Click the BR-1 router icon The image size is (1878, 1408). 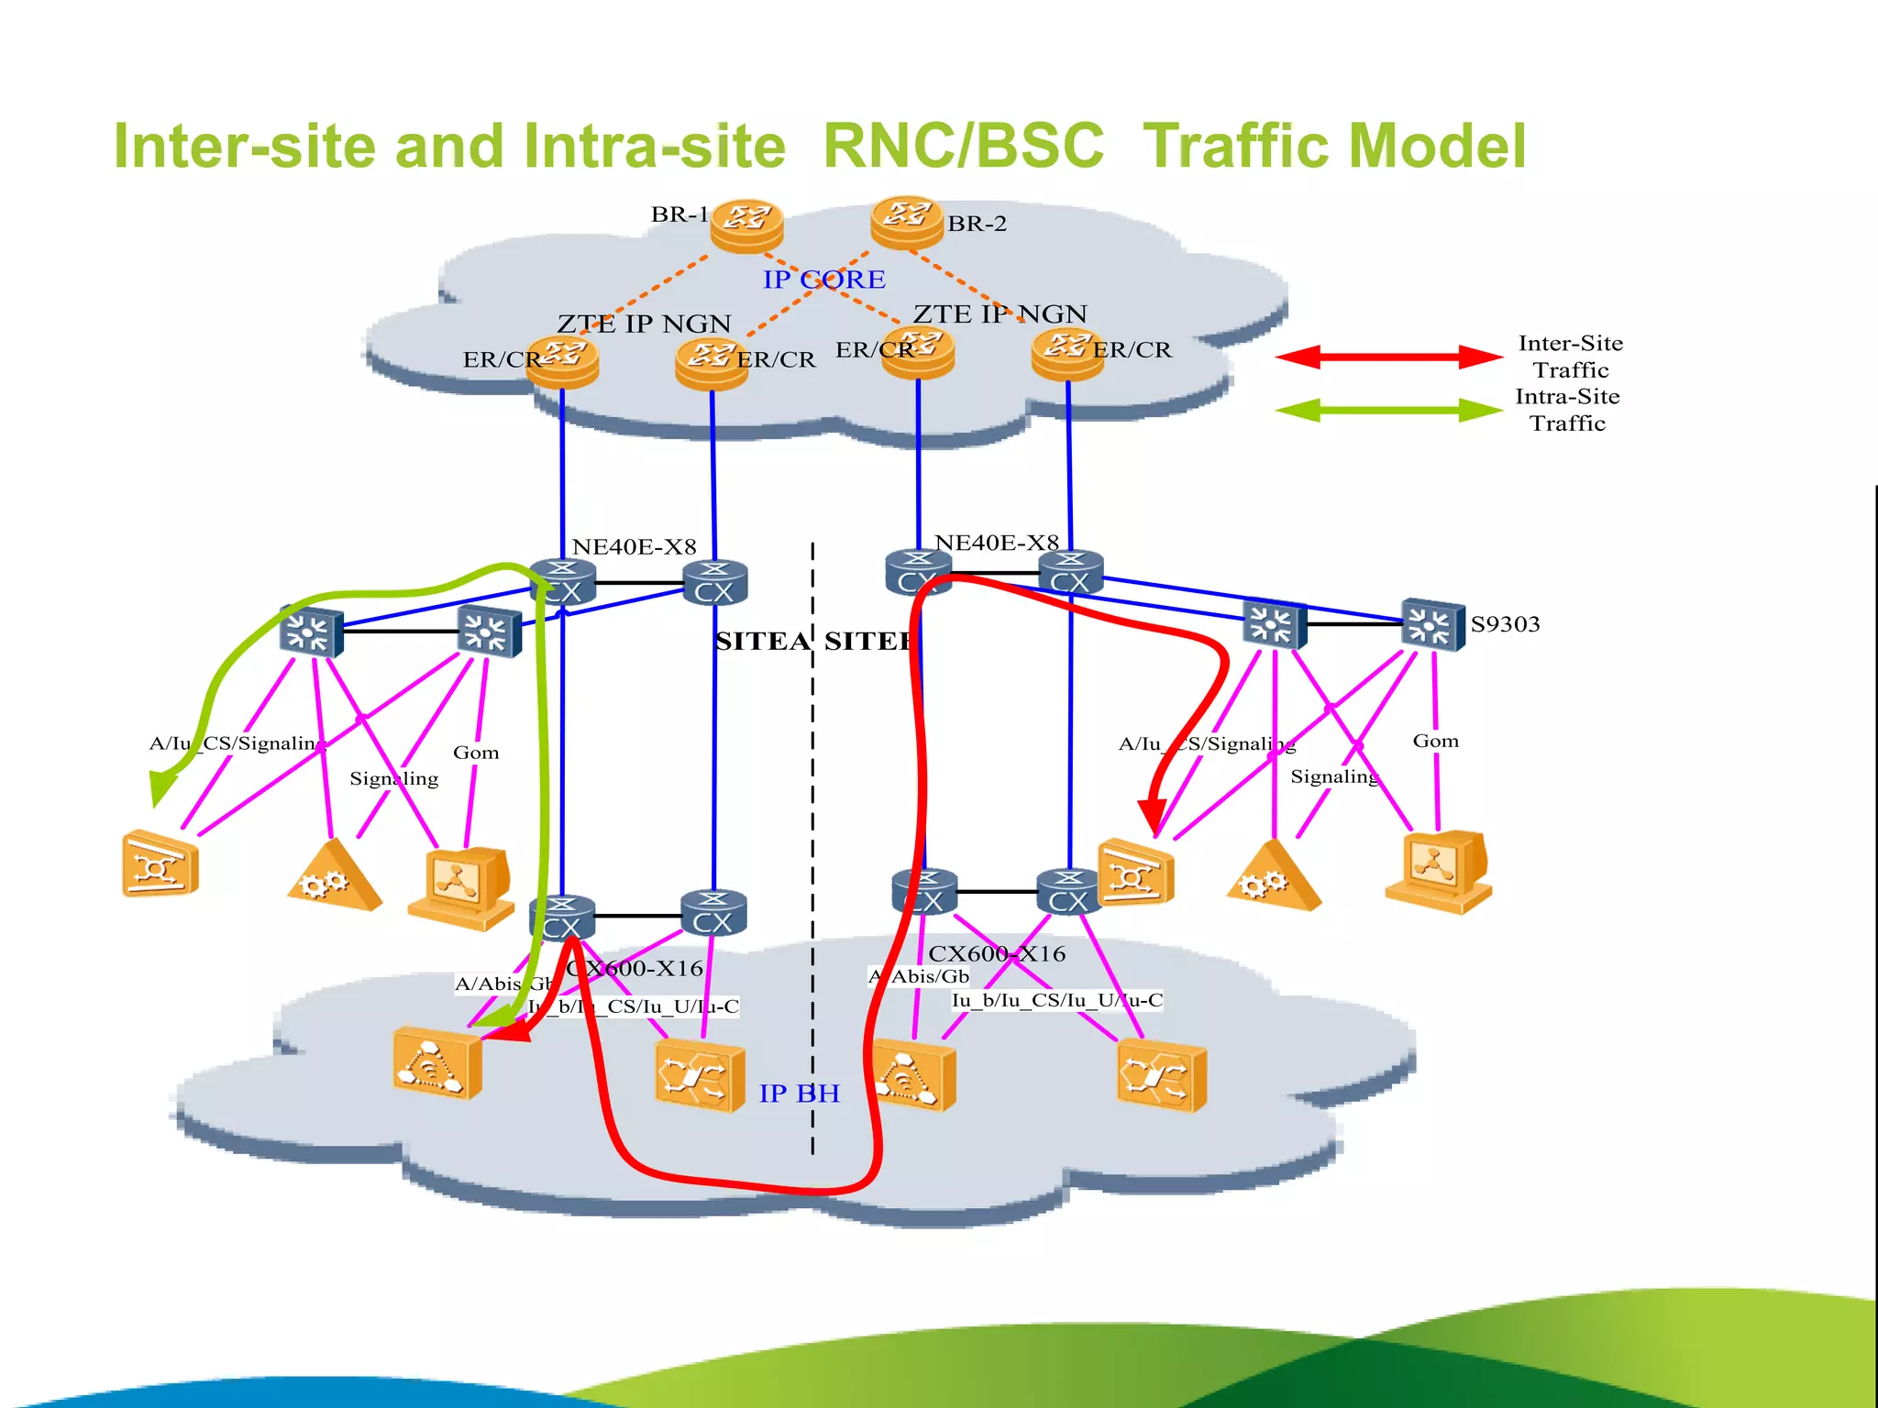point(746,224)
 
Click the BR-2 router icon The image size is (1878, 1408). point(906,221)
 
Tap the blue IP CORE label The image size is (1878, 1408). point(823,280)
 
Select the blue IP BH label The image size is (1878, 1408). point(799,1094)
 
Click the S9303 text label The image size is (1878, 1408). point(1505,624)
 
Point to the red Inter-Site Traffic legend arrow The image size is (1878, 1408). point(1387,357)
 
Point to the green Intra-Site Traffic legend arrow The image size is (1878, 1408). point(1387,410)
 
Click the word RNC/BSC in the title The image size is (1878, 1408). point(963,147)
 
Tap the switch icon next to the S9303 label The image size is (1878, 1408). point(1432,624)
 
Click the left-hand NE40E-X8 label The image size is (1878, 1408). point(634,547)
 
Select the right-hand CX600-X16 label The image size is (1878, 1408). point(997,954)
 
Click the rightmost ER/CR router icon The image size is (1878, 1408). point(1066,355)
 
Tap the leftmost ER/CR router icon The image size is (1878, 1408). point(563,362)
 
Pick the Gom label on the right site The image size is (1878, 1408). point(1435,741)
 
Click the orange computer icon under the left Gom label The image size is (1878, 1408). point(461,887)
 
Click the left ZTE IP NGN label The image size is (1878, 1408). point(644,324)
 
